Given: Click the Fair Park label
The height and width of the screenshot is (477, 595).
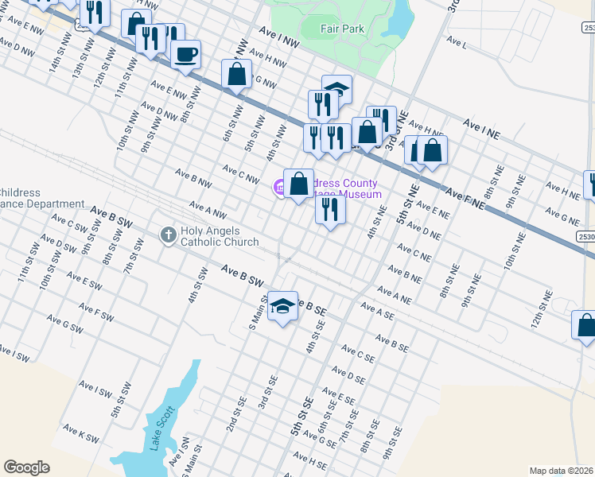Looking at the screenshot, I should click(342, 29).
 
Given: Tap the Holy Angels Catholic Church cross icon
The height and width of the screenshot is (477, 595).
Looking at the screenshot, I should click(167, 235).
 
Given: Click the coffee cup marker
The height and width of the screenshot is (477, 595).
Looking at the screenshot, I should click(186, 55).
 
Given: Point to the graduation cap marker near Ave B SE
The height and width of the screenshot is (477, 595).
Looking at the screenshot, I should click(282, 307).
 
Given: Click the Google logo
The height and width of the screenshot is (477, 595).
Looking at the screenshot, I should click(27, 467).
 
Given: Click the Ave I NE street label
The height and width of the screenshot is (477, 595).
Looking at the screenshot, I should click(480, 130).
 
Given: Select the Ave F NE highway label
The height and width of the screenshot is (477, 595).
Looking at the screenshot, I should click(465, 198).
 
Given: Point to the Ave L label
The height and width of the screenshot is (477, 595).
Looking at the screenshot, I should click(457, 41).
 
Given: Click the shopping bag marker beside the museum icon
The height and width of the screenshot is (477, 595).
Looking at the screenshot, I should click(298, 184).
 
